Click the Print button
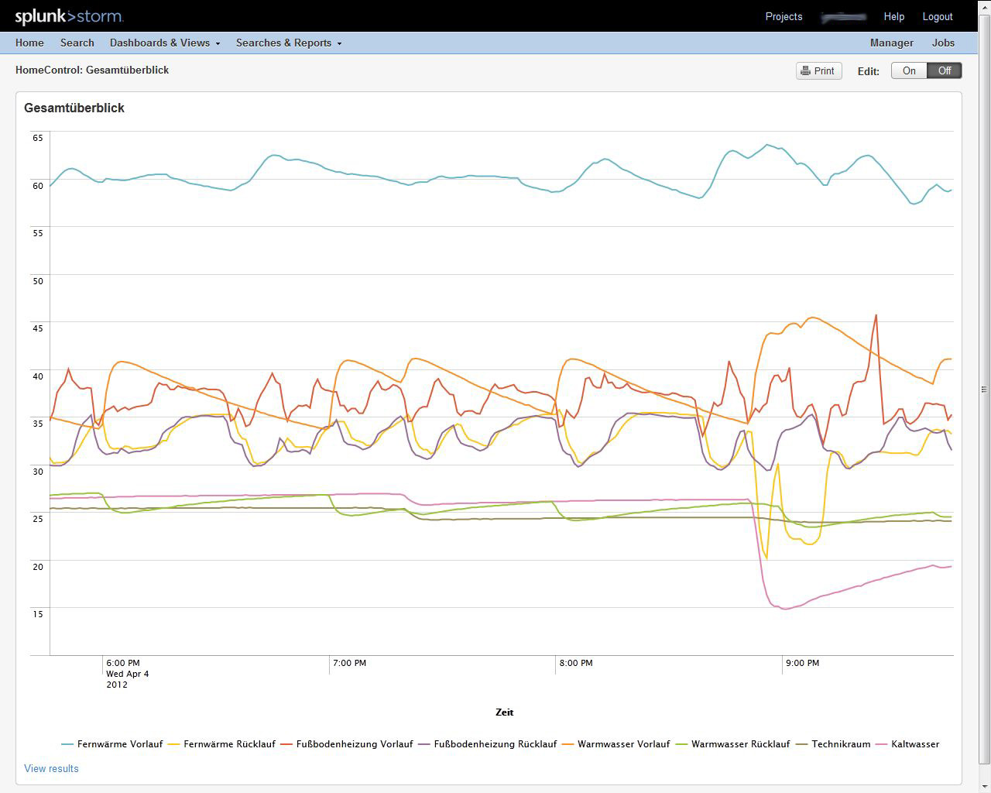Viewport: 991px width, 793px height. pos(818,71)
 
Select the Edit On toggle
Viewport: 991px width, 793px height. pos(909,71)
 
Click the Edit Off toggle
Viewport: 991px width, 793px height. pos(945,71)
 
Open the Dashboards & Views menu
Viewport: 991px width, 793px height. pos(164,43)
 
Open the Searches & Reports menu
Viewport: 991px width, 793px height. pos(288,43)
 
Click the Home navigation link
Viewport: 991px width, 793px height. pos(29,43)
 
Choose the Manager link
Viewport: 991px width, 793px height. pos(891,43)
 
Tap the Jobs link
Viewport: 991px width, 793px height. pos(943,43)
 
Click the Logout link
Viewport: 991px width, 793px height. pos(937,17)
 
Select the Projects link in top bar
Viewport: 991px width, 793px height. pos(784,17)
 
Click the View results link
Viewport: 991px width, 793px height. pos(51,769)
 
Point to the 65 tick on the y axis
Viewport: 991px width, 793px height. pos(38,138)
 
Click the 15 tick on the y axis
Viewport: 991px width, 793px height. pos(38,614)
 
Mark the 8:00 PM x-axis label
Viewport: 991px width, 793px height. pos(575,664)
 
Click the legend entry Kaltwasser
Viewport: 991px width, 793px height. pos(914,744)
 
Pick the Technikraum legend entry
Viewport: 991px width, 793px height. pos(840,744)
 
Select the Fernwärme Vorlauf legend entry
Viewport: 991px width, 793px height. pos(119,744)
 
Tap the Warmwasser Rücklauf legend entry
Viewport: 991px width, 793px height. pos(740,744)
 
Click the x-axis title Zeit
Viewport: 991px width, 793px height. pos(504,712)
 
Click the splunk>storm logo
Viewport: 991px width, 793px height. pos(69,16)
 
